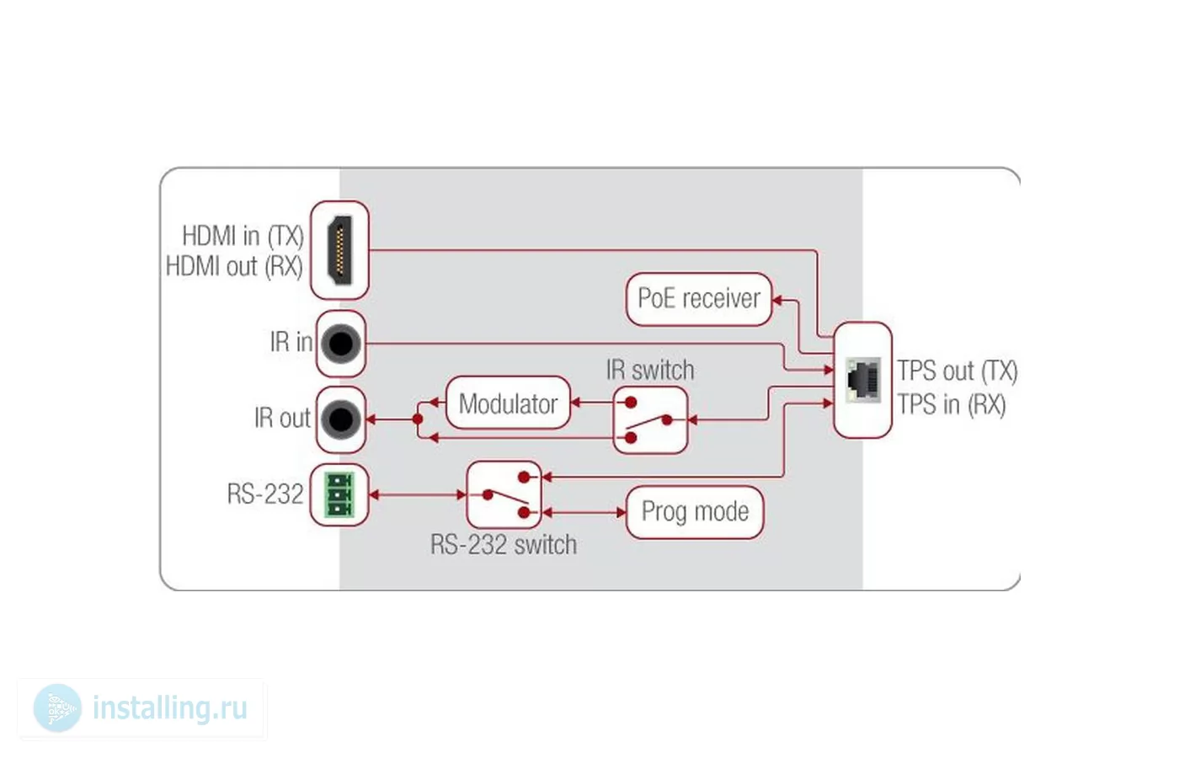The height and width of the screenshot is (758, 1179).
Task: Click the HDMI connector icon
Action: click(x=340, y=250)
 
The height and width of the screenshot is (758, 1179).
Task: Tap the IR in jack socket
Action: click(x=341, y=344)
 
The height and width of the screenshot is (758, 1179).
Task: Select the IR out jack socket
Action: click(x=341, y=419)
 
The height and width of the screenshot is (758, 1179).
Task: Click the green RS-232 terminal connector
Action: click(x=339, y=495)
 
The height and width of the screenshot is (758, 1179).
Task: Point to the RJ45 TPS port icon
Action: click(x=863, y=380)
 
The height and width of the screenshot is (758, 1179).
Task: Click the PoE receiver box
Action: click(x=699, y=299)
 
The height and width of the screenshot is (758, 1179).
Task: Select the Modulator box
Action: click(x=508, y=403)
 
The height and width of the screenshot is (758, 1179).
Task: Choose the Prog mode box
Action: click(x=695, y=512)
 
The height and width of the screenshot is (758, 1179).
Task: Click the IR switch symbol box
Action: click(x=650, y=420)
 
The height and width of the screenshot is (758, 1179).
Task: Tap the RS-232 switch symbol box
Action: click(x=504, y=495)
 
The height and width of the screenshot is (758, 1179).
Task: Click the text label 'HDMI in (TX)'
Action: click(x=243, y=236)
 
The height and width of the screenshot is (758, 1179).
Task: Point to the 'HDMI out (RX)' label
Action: click(x=235, y=266)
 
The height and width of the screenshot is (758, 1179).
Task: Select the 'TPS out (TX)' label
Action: click(x=958, y=371)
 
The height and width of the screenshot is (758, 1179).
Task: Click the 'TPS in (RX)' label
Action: click(x=952, y=405)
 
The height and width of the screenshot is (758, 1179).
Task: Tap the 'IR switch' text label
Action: click(x=650, y=370)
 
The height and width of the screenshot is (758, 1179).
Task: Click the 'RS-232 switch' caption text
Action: click(x=504, y=544)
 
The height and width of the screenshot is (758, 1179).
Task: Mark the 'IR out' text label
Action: click(x=283, y=418)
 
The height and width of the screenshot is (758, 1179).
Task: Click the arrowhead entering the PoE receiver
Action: click(x=776, y=300)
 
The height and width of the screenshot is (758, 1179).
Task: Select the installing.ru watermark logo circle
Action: click(x=58, y=708)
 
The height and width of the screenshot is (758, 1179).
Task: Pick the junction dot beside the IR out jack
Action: click(x=418, y=419)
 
